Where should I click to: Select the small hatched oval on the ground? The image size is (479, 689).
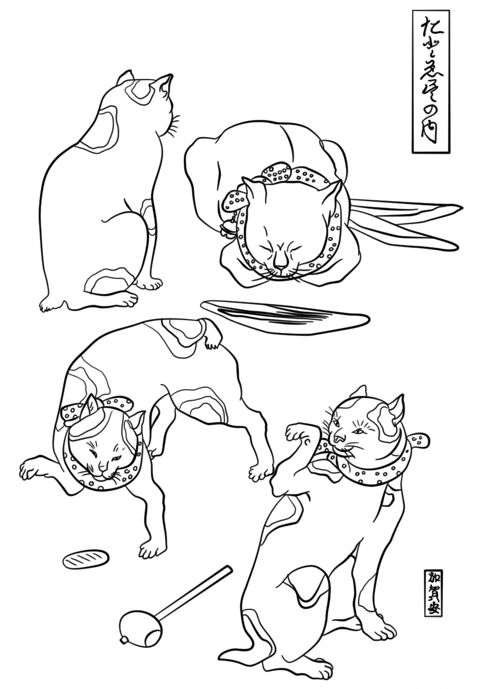[86, 559]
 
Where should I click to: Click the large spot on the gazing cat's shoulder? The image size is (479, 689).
[102, 125]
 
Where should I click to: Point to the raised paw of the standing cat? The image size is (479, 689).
[298, 432]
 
